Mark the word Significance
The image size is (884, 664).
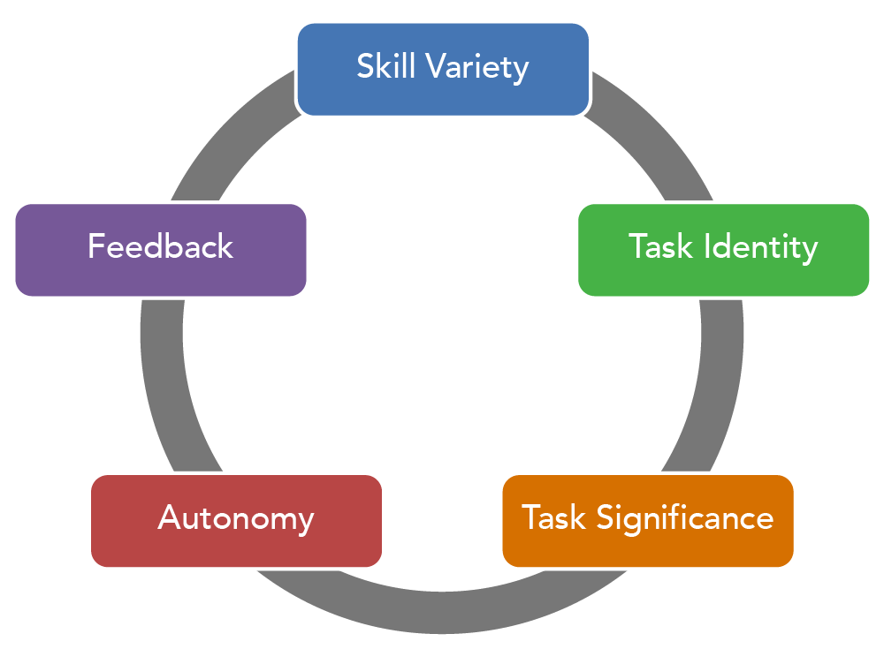(684, 517)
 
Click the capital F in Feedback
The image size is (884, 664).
(95, 246)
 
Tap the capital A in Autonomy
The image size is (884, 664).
(170, 517)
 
